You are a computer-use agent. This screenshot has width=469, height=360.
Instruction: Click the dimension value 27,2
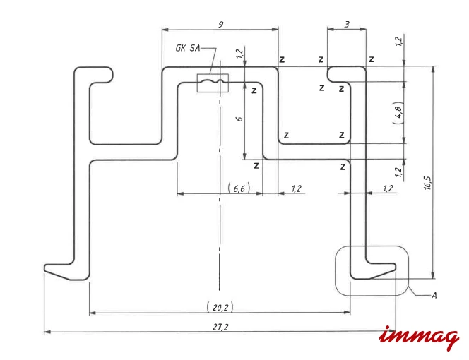click(220, 327)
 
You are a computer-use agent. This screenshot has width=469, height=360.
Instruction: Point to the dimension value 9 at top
click(221, 24)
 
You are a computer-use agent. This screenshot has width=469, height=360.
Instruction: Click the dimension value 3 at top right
click(347, 24)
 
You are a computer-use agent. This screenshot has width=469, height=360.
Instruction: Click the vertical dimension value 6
click(239, 119)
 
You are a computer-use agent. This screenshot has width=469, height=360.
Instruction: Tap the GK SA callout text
click(188, 48)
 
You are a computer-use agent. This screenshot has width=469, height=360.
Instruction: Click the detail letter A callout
click(434, 296)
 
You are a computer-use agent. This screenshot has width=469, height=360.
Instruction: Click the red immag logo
click(420, 338)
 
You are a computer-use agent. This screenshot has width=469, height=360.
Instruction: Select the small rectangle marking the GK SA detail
click(213, 83)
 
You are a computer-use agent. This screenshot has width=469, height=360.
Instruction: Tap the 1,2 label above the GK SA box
click(239, 53)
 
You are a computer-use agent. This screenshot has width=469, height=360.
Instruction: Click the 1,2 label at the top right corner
click(398, 41)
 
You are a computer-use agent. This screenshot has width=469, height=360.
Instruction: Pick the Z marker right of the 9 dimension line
click(282, 59)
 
